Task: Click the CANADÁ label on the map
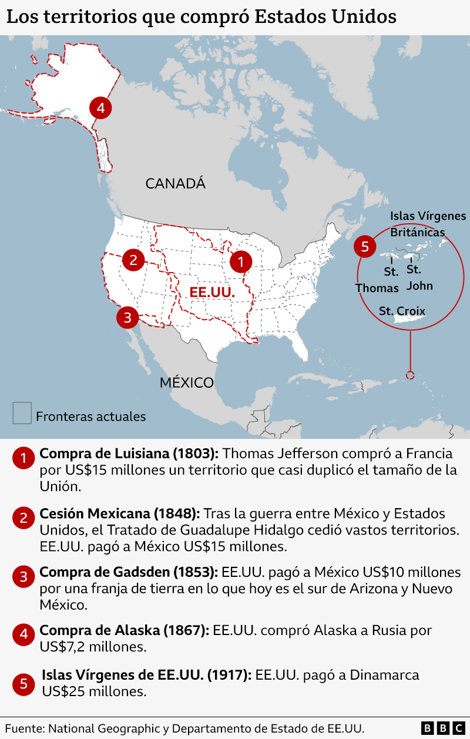[176, 184]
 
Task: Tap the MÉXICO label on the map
[187, 383]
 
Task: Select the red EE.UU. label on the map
[212, 293]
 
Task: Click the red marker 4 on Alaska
[100, 108]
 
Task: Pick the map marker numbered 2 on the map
[133, 260]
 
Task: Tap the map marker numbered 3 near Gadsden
[127, 318]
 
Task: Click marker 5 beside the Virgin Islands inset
[365, 247]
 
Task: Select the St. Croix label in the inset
[402, 311]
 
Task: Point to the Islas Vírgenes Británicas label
[428, 224]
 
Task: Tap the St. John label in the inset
[419, 278]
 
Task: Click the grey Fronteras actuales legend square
[22, 412]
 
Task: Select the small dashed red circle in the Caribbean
[410, 375]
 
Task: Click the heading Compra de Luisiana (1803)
[129, 454]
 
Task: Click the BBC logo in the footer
[443, 728]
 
